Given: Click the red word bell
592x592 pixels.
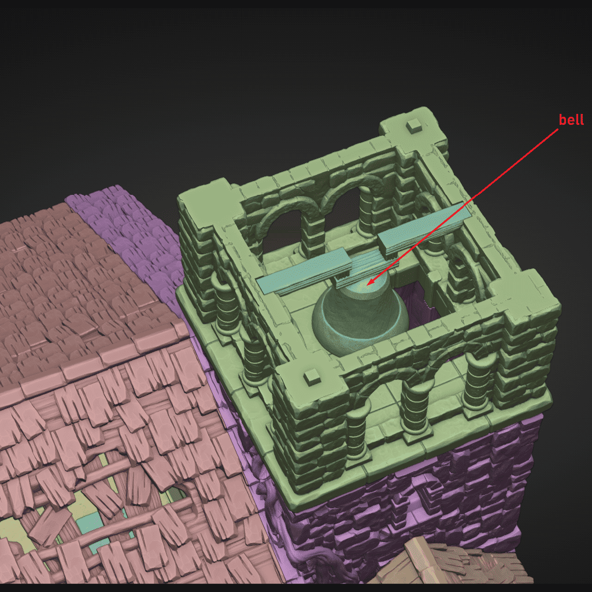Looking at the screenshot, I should coord(571,120).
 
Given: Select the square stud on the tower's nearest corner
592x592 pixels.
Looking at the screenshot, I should coord(313,376).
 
